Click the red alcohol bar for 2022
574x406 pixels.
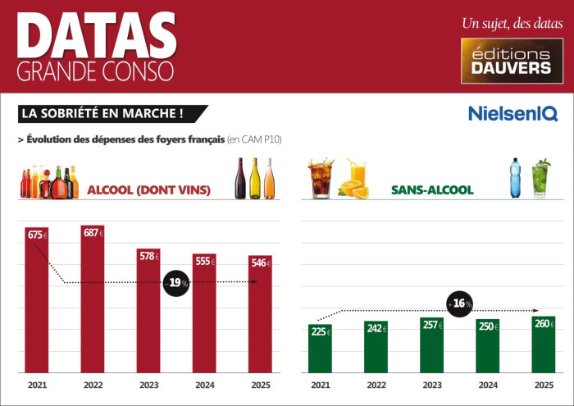point(93,299)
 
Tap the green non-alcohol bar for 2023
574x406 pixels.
point(431,345)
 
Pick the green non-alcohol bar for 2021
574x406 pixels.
point(320,348)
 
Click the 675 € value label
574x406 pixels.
point(37,235)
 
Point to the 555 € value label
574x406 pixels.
point(204,262)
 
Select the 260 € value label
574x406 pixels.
point(543,324)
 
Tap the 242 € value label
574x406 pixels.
point(376,328)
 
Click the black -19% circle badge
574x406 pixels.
point(175,282)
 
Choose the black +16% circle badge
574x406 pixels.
point(461,303)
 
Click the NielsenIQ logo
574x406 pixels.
point(512,113)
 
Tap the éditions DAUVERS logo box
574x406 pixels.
point(512,61)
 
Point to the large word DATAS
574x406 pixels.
point(96,35)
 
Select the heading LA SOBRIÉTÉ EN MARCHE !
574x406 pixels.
point(112,113)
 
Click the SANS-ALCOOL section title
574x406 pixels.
point(432,190)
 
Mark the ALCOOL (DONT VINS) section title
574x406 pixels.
point(148,190)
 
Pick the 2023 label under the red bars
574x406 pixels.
point(148,385)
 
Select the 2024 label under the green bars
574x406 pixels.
point(487,385)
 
